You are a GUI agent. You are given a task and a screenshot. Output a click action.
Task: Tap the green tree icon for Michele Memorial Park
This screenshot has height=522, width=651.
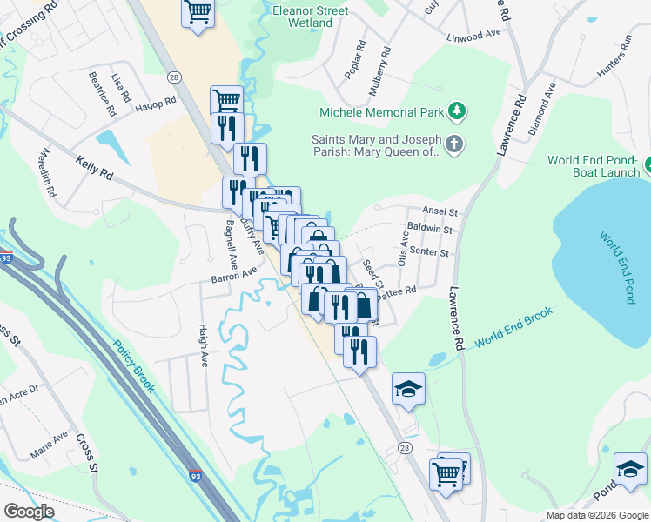456,111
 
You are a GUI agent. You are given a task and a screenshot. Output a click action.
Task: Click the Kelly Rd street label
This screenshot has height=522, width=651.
94,168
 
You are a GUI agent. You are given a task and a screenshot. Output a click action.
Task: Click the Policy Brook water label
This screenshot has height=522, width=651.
133,365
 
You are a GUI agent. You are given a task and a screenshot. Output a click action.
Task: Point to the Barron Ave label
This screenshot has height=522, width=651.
233,276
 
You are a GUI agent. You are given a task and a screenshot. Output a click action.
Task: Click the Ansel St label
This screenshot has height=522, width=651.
440,211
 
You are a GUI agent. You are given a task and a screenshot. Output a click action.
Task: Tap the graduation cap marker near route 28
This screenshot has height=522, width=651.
408,389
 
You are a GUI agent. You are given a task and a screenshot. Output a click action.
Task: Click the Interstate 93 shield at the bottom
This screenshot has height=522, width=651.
198,476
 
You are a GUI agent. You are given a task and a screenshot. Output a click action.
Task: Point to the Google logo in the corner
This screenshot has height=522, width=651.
30,512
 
